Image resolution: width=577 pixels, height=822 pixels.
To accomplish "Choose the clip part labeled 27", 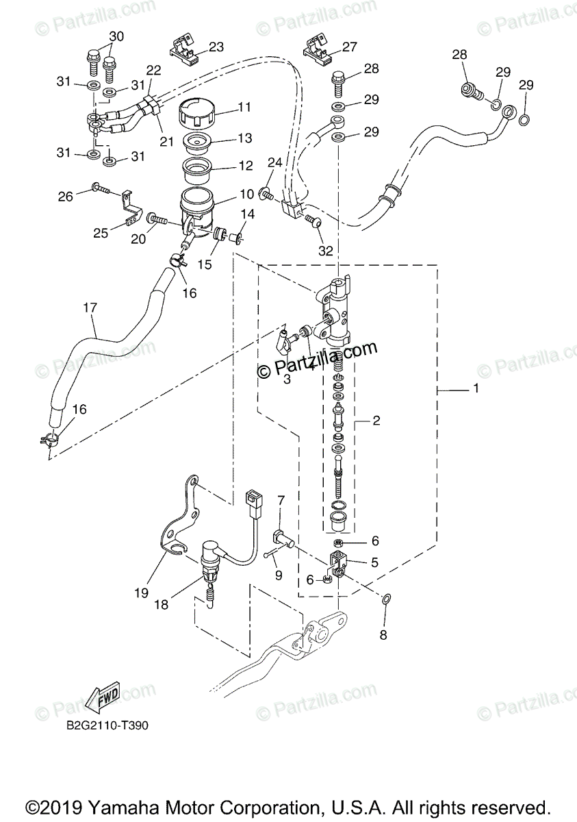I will pyautogui.click(x=318, y=48).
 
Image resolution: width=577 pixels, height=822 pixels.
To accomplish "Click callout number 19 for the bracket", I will pyautogui.click(x=141, y=593).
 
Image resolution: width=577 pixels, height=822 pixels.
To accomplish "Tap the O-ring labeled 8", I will pyautogui.click(x=386, y=600).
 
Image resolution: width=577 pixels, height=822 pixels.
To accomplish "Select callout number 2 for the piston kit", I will pyautogui.click(x=376, y=421).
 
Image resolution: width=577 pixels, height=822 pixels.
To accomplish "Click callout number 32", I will pyautogui.click(x=325, y=251).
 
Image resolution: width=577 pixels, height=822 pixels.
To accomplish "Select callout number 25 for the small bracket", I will pyautogui.click(x=101, y=233).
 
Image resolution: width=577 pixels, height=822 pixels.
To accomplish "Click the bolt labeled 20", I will pyautogui.click(x=158, y=220).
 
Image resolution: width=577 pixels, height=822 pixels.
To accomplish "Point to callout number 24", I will pyautogui.click(x=274, y=162).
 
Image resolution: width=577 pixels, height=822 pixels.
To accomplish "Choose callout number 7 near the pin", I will pyautogui.click(x=281, y=501).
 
